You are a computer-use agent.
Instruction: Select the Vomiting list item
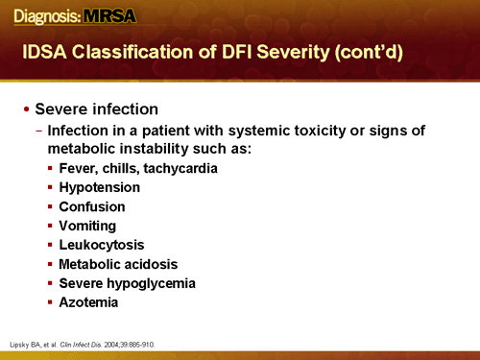(87, 226)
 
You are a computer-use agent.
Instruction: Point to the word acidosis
(150, 264)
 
